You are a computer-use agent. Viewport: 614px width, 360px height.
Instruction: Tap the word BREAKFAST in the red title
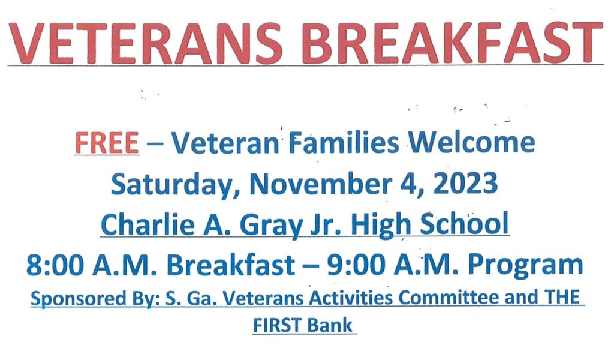(x=452, y=43)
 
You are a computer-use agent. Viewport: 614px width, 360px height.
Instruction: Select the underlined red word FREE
(x=107, y=143)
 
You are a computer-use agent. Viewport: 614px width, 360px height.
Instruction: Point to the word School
(x=465, y=224)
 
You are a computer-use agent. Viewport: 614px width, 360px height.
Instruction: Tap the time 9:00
(x=356, y=265)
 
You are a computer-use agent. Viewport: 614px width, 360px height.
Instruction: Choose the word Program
(x=525, y=266)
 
